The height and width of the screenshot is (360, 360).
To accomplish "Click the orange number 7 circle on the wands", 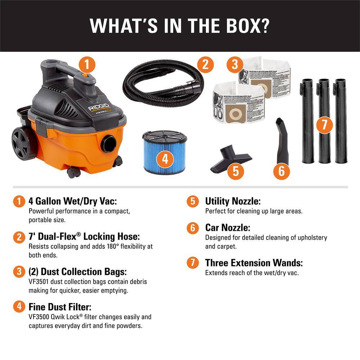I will (324, 125).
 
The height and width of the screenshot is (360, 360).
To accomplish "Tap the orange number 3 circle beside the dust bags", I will (235, 65).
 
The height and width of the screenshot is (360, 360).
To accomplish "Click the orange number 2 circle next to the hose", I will (205, 65).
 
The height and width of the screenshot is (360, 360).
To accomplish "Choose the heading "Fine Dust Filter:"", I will (60, 307).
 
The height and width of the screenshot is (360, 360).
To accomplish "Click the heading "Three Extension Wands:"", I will (254, 263).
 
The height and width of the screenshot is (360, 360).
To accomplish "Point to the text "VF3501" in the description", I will (39, 282).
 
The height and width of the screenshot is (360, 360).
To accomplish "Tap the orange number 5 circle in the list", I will (193, 201).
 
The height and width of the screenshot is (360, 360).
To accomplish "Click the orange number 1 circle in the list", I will (19, 201).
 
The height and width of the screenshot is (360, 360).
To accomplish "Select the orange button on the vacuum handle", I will (85, 76).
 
